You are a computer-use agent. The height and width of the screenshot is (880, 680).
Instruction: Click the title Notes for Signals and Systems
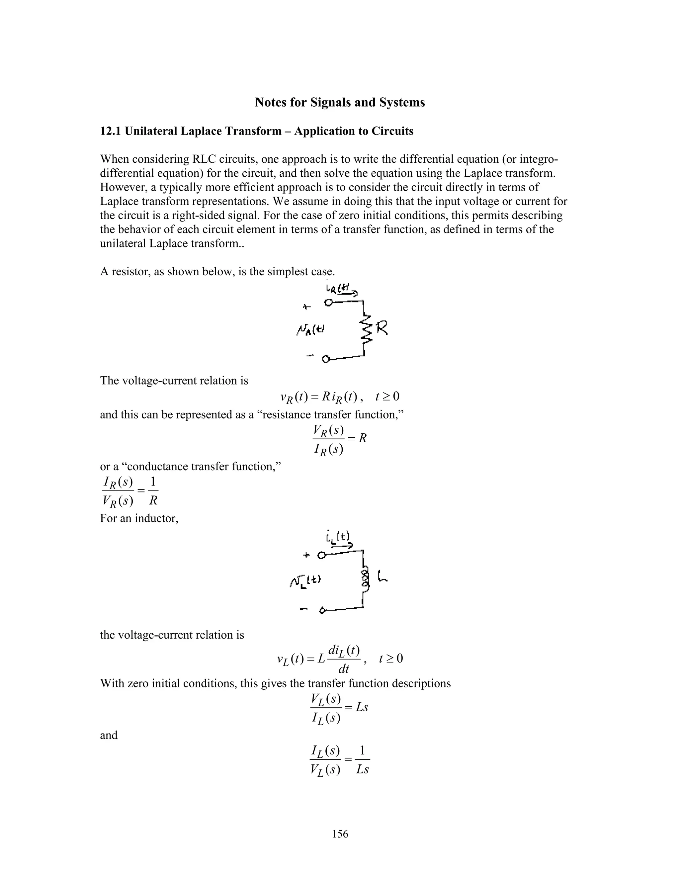point(340,102)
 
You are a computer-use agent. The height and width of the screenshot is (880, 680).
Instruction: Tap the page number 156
point(340,834)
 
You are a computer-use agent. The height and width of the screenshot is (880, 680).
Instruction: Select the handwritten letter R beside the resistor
point(382,328)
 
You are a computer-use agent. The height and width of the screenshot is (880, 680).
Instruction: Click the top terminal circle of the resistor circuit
point(329,303)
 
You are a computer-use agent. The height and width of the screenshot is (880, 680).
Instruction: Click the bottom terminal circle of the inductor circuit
point(322,611)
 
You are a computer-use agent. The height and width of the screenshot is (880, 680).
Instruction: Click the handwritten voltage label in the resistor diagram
point(310,330)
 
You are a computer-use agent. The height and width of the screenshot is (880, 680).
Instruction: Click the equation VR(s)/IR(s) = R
point(340,438)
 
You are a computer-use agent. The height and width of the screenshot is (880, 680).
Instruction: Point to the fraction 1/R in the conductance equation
point(153,491)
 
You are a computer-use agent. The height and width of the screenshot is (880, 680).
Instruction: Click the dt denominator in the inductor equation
point(344,669)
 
